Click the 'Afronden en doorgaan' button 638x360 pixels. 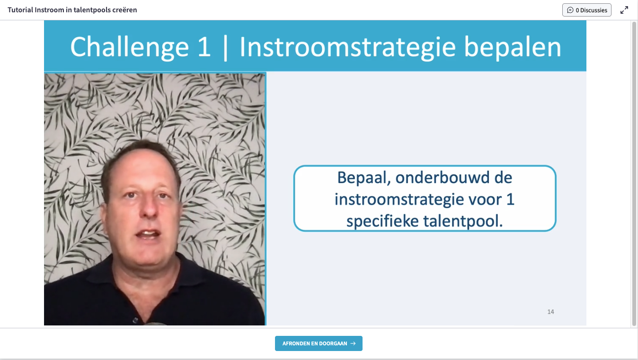pyautogui.click(x=319, y=343)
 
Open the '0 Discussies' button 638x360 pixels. pyautogui.click(x=587, y=10)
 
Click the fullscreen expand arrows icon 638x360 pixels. pyautogui.click(x=624, y=10)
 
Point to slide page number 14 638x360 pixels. pyautogui.click(x=550, y=312)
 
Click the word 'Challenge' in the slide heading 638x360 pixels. pyautogui.click(x=129, y=47)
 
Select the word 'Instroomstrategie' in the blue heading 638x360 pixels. pyautogui.click(x=348, y=47)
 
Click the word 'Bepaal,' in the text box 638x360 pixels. pyautogui.click(x=363, y=177)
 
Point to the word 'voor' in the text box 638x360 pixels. pyautogui.click(x=485, y=200)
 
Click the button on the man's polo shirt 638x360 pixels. pyautogui.click(x=135, y=320)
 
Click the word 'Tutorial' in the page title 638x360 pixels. pyautogui.click(x=20, y=10)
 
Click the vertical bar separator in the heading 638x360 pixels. pyautogui.click(x=225, y=47)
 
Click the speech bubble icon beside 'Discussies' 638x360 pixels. pyautogui.click(x=570, y=10)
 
